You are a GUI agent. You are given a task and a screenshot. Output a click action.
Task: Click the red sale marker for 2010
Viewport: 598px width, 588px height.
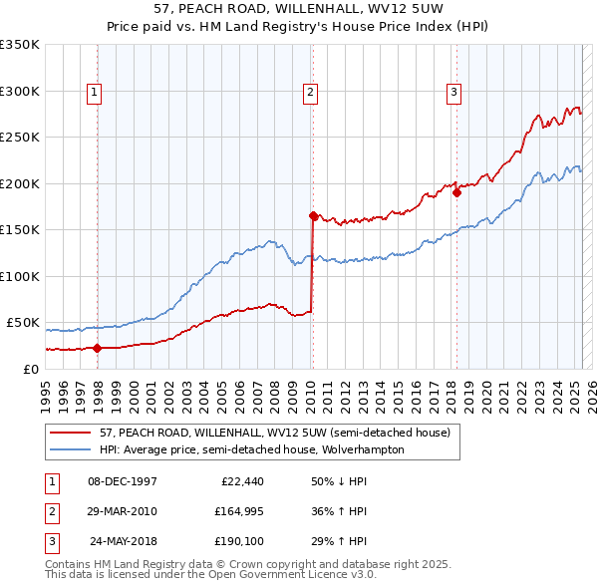point(313,215)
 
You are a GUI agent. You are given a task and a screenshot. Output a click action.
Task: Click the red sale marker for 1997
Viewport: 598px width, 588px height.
point(98,348)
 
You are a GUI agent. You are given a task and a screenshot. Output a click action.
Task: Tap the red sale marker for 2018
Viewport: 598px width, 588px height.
point(456,192)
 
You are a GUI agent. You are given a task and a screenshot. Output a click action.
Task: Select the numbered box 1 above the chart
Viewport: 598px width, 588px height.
point(95,94)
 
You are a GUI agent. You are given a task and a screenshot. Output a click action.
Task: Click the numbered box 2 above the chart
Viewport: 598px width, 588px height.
point(310,94)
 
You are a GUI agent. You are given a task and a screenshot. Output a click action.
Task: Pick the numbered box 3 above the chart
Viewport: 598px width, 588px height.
point(453,94)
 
